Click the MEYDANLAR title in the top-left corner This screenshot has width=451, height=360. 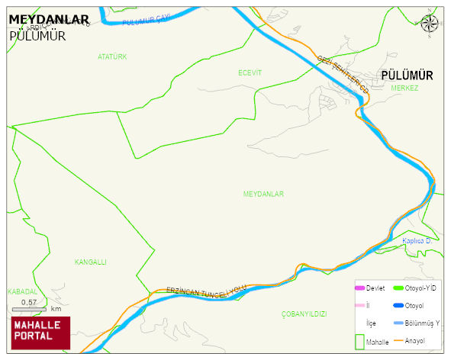click(49, 20)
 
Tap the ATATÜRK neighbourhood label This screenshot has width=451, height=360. click(112, 57)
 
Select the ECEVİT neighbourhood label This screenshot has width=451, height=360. click(250, 72)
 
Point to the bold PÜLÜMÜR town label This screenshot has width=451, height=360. click(406, 76)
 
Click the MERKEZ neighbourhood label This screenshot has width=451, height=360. click(404, 88)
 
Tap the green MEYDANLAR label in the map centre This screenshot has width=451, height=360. click(263, 194)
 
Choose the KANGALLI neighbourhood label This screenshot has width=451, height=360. click(90, 262)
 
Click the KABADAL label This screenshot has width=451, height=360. click(21, 291)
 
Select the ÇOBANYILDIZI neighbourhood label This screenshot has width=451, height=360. click(304, 314)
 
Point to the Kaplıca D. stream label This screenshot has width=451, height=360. click(417, 242)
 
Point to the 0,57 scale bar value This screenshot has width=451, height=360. click(29, 303)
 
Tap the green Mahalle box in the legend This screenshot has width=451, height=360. click(359, 341)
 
